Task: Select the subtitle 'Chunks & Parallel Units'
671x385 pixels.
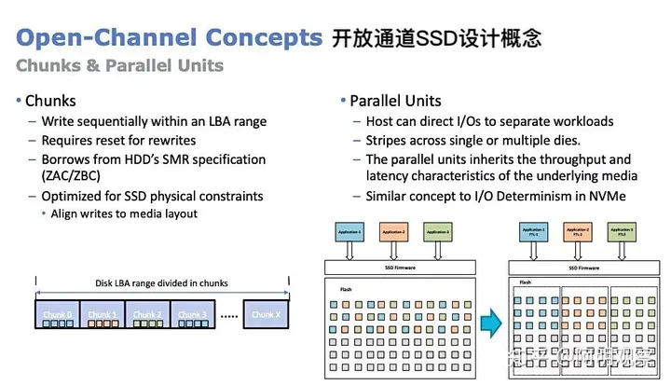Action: tap(120, 65)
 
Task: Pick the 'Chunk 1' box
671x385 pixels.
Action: tap(101, 314)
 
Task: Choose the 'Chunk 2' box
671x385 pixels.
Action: tap(146, 314)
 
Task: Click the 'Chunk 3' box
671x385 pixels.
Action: tap(192, 314)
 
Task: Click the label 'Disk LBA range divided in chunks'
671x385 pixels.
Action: tap(161, 283)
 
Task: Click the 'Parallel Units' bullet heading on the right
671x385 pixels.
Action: tap(394, 101)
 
